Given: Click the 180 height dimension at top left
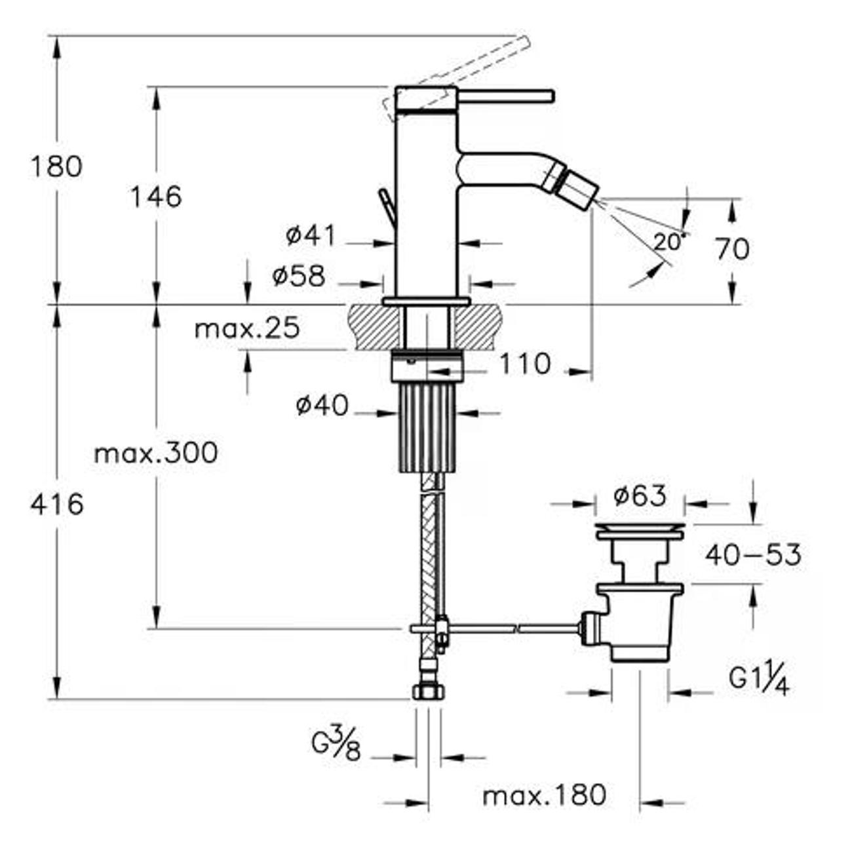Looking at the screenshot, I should point(57,166).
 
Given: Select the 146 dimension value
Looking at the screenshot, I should point(155,197).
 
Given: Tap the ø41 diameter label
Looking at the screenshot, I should point(310,235).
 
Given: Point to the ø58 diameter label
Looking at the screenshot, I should point(299,277).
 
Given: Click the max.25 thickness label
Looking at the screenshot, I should point(247,328).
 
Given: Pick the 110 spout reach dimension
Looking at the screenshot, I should point(525,364).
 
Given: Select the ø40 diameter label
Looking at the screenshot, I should point(322,406).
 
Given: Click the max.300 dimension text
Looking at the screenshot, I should point(156,453).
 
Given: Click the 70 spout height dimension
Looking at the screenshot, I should point(732,249).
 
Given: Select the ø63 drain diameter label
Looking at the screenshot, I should point(640,496).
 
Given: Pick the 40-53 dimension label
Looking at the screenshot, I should point(753,556).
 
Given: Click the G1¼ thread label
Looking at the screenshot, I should point(759,678).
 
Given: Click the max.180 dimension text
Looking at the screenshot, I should point(544,796).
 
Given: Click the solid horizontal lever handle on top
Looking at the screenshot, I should point(505,96).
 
